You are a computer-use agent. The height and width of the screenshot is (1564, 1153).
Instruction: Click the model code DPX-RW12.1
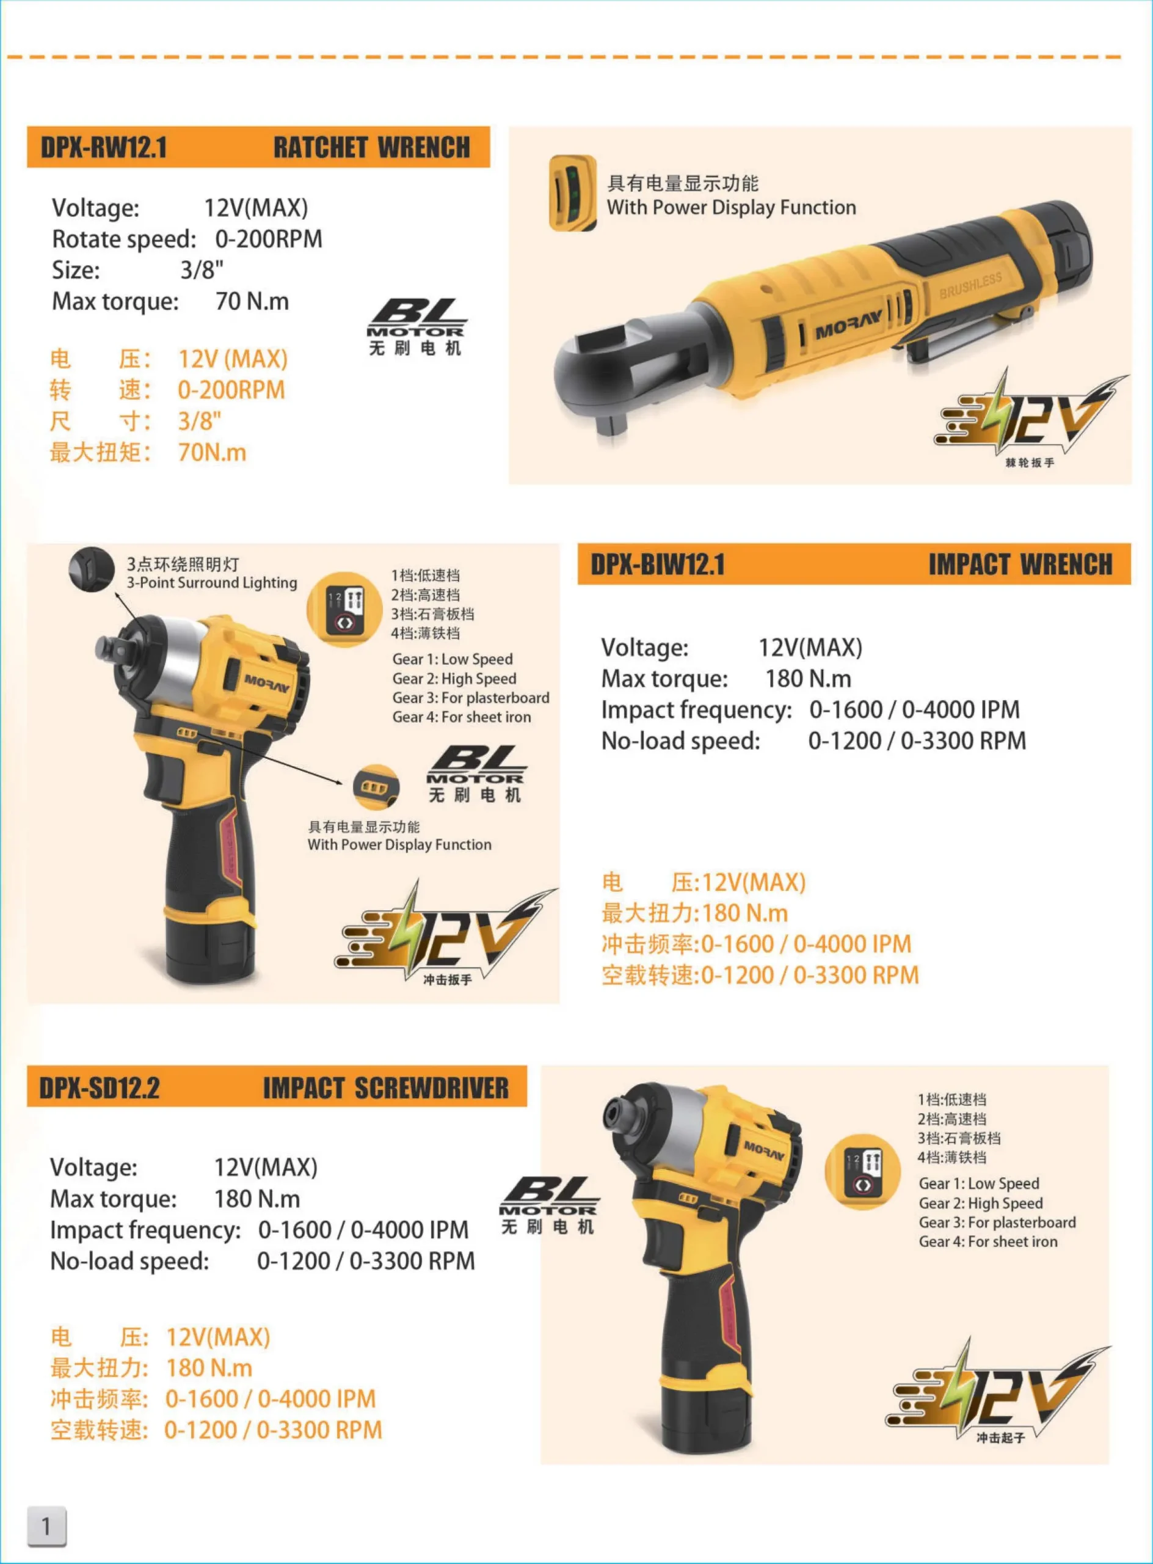[103, 147]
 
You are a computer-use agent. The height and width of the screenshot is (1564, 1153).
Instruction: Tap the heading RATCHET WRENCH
[371, 147]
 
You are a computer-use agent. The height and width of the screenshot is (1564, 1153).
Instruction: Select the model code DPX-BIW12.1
[658, 564]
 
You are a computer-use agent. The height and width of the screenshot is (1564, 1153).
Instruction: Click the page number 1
[46, 1526]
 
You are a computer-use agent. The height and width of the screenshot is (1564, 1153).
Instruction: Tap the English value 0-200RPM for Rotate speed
[269, 239]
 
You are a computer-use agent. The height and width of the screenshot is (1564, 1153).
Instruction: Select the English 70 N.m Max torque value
[252, 301]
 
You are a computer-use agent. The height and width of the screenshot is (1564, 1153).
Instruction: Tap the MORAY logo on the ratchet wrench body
[849, 324]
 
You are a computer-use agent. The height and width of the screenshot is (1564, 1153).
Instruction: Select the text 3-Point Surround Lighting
[211, 582]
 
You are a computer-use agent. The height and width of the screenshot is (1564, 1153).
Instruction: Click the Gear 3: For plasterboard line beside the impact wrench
[470, 698]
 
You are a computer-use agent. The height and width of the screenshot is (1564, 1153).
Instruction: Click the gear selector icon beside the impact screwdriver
[864, 1172]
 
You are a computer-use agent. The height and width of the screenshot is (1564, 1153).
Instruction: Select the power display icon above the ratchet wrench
[572, 194]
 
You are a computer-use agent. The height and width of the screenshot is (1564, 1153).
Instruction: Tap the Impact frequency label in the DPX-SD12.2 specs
[145, 1230]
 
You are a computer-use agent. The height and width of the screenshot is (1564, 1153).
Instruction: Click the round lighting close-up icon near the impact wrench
[92, 569]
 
